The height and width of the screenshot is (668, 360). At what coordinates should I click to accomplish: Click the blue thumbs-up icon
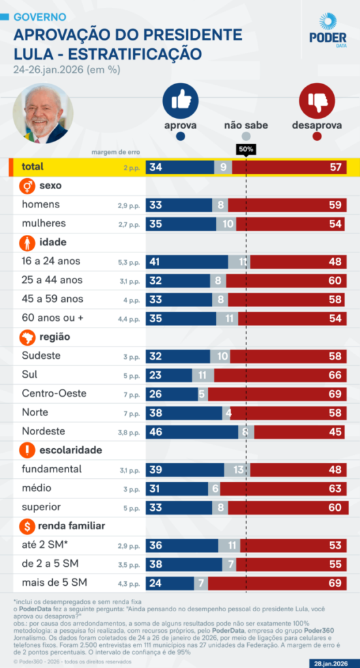[181, 100]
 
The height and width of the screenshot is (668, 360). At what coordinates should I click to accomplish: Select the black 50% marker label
[246, 149]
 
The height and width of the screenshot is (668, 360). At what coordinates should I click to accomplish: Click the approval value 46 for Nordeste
[156, 431]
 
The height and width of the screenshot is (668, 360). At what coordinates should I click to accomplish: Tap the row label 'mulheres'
[44, 224]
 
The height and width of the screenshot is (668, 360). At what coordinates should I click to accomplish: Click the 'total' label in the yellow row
[33, 167]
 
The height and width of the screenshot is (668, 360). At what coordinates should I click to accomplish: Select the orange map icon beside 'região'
[28, 337]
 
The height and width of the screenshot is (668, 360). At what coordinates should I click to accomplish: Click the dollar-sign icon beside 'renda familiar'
[28, 526]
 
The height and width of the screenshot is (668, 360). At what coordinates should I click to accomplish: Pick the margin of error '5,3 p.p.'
[128, 262]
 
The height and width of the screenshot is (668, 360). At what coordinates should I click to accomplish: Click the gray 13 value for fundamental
[239, 469]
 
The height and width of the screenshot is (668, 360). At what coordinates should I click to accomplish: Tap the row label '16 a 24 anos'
[52, 262]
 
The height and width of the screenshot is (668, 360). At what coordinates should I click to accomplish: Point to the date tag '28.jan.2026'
[332, 661]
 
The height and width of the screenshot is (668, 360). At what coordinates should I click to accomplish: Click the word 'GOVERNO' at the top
[40, 16]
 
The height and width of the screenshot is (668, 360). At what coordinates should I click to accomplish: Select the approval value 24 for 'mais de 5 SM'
[156, 583]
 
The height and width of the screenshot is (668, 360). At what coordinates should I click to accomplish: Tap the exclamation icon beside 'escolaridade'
[28, 450]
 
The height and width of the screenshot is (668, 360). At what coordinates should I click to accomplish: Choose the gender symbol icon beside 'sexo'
[28, 186]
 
